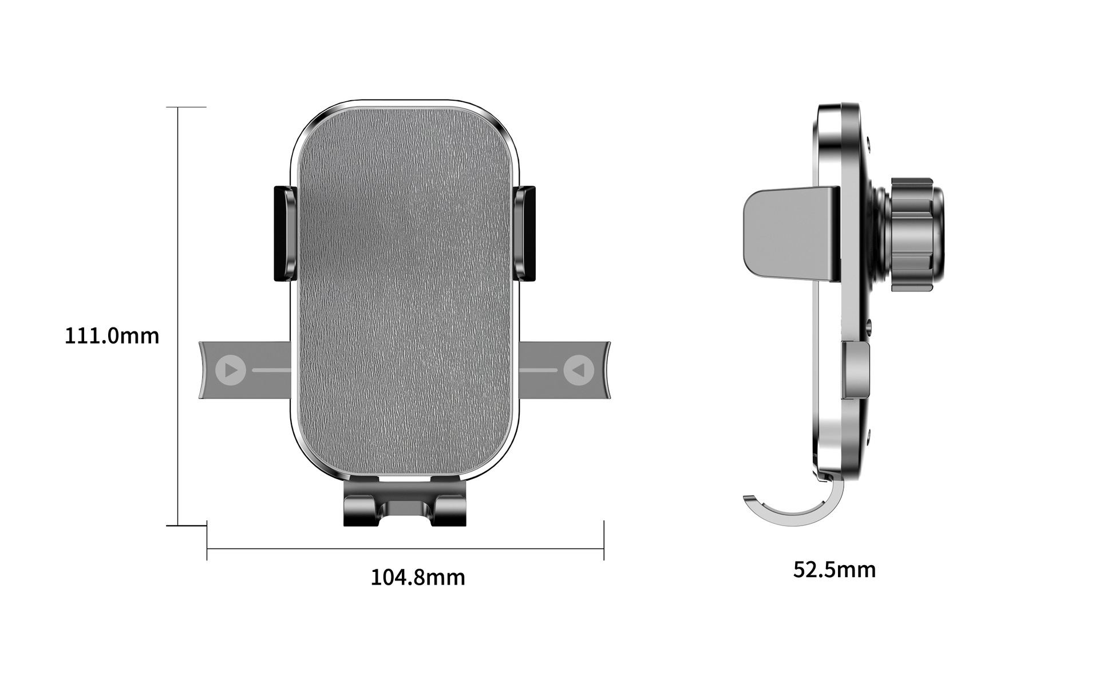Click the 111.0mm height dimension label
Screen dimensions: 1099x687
[x=112, y=335]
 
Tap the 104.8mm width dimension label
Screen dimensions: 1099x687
[x=418, y=577]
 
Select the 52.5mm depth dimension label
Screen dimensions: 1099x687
[x=835, y=570]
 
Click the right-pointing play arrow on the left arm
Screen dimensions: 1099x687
[x=231, y=370]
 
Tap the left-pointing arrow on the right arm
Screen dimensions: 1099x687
[x=579, y=370]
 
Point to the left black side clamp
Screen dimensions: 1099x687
[x=284, y=234]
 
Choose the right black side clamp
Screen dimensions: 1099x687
[x=525, y=234]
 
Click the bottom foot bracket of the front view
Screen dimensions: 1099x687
[x=405, y=503]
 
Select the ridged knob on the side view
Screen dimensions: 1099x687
[x=911, y=234]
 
